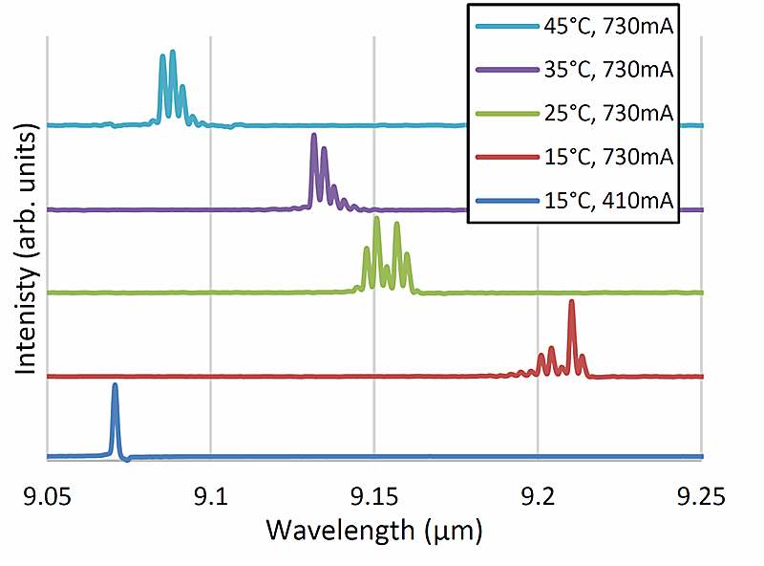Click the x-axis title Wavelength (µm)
(374, 529)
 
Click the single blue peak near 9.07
(115, 386)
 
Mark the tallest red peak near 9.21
(571, 303)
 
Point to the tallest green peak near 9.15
(376, 220)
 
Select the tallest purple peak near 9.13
(313, 138)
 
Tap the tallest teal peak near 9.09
(173, 53)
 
